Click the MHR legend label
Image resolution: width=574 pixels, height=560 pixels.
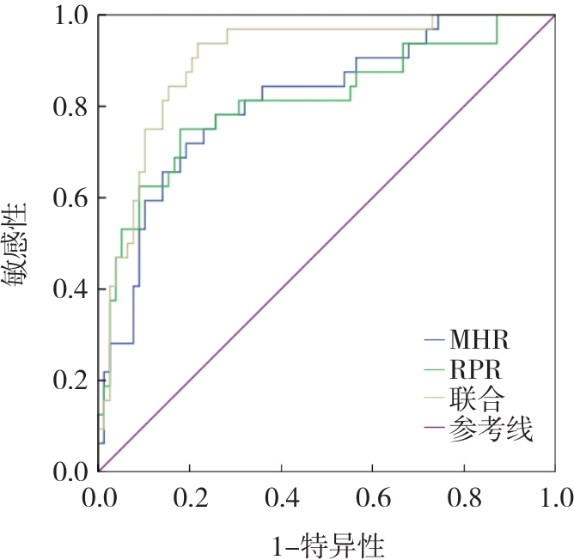[479, 339]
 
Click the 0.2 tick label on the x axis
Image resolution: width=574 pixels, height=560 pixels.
[190, 498]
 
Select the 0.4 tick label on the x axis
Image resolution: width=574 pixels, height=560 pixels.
[281, 498]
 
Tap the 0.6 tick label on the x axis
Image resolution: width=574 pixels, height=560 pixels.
[372, 498]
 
